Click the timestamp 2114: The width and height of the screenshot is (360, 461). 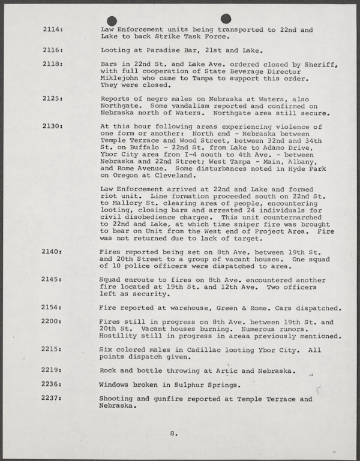[53, 30]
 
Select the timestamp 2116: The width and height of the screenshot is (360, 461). [53, 50]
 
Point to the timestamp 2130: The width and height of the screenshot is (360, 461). [53, 127]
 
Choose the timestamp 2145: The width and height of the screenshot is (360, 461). [53, 279]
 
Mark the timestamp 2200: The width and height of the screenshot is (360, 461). [53, 321]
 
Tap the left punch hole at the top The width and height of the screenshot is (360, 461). [112, 20]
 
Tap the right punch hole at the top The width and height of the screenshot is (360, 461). [226, 19]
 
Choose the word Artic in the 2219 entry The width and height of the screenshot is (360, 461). [218, 370]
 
